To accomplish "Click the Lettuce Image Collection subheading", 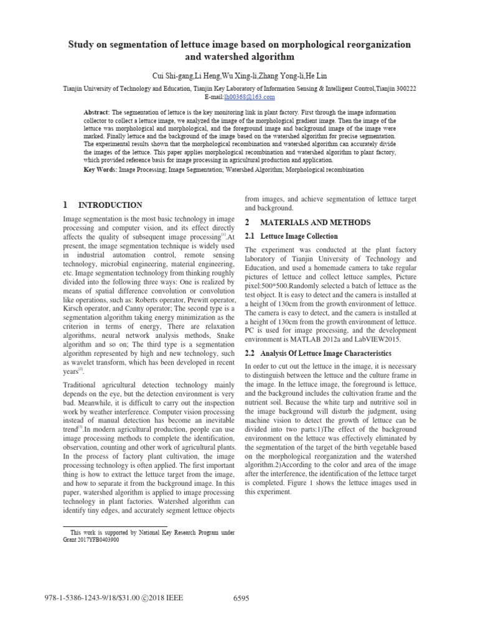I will tap(299, 236).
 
